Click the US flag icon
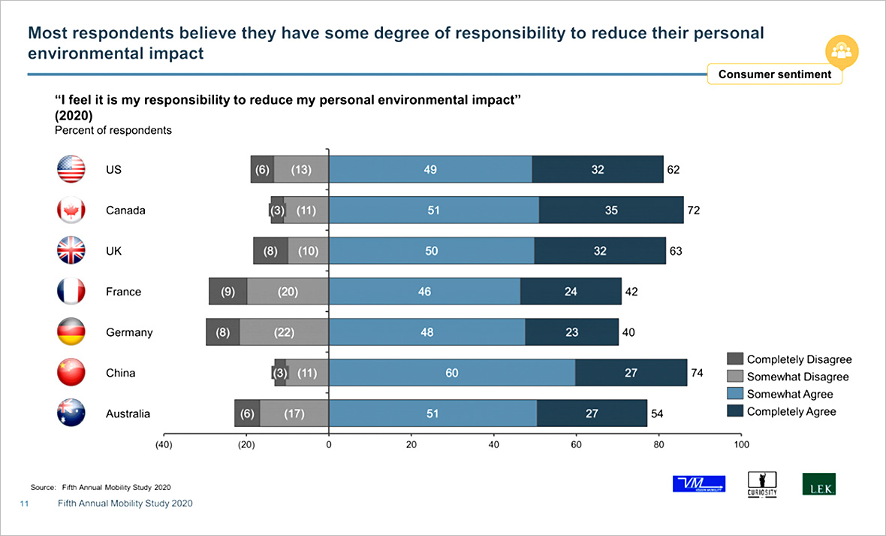(x=71, y=169)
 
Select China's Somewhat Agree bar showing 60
(x=452, y=373)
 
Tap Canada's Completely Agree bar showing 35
(x=611, y=210)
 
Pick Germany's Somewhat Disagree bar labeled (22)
(x=284, y=332)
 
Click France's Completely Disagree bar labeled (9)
(x=228, y=292)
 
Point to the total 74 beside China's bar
(x=697, y=373)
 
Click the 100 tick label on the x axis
(x=741, y=445)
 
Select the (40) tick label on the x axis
(x=164, y=445)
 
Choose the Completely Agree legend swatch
(x=734, y=411)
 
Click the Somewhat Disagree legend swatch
(x=734, y=377)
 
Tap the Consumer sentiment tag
(x=774, y=74)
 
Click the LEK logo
(x=818, y=483)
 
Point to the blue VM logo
(x=699, y=483)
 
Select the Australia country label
(x=128, y=413)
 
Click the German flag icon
(x=71, y=332)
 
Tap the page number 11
(x=24, y=504)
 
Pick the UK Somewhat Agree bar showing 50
(x=432, y=251)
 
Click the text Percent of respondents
(x=113, y=130)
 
